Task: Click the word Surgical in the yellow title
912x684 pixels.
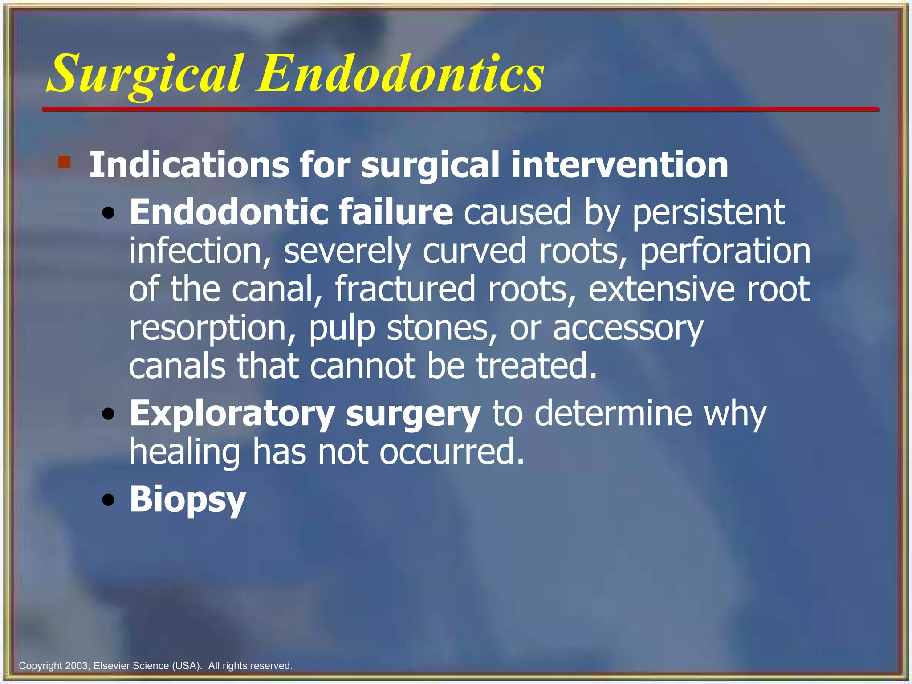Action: pos(145,73)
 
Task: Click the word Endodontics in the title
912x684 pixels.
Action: pos(399,73)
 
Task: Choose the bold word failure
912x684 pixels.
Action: pos(395,212)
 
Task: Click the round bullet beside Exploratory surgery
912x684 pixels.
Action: pos(108,415)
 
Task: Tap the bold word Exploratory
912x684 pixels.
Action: pos(232,415)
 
